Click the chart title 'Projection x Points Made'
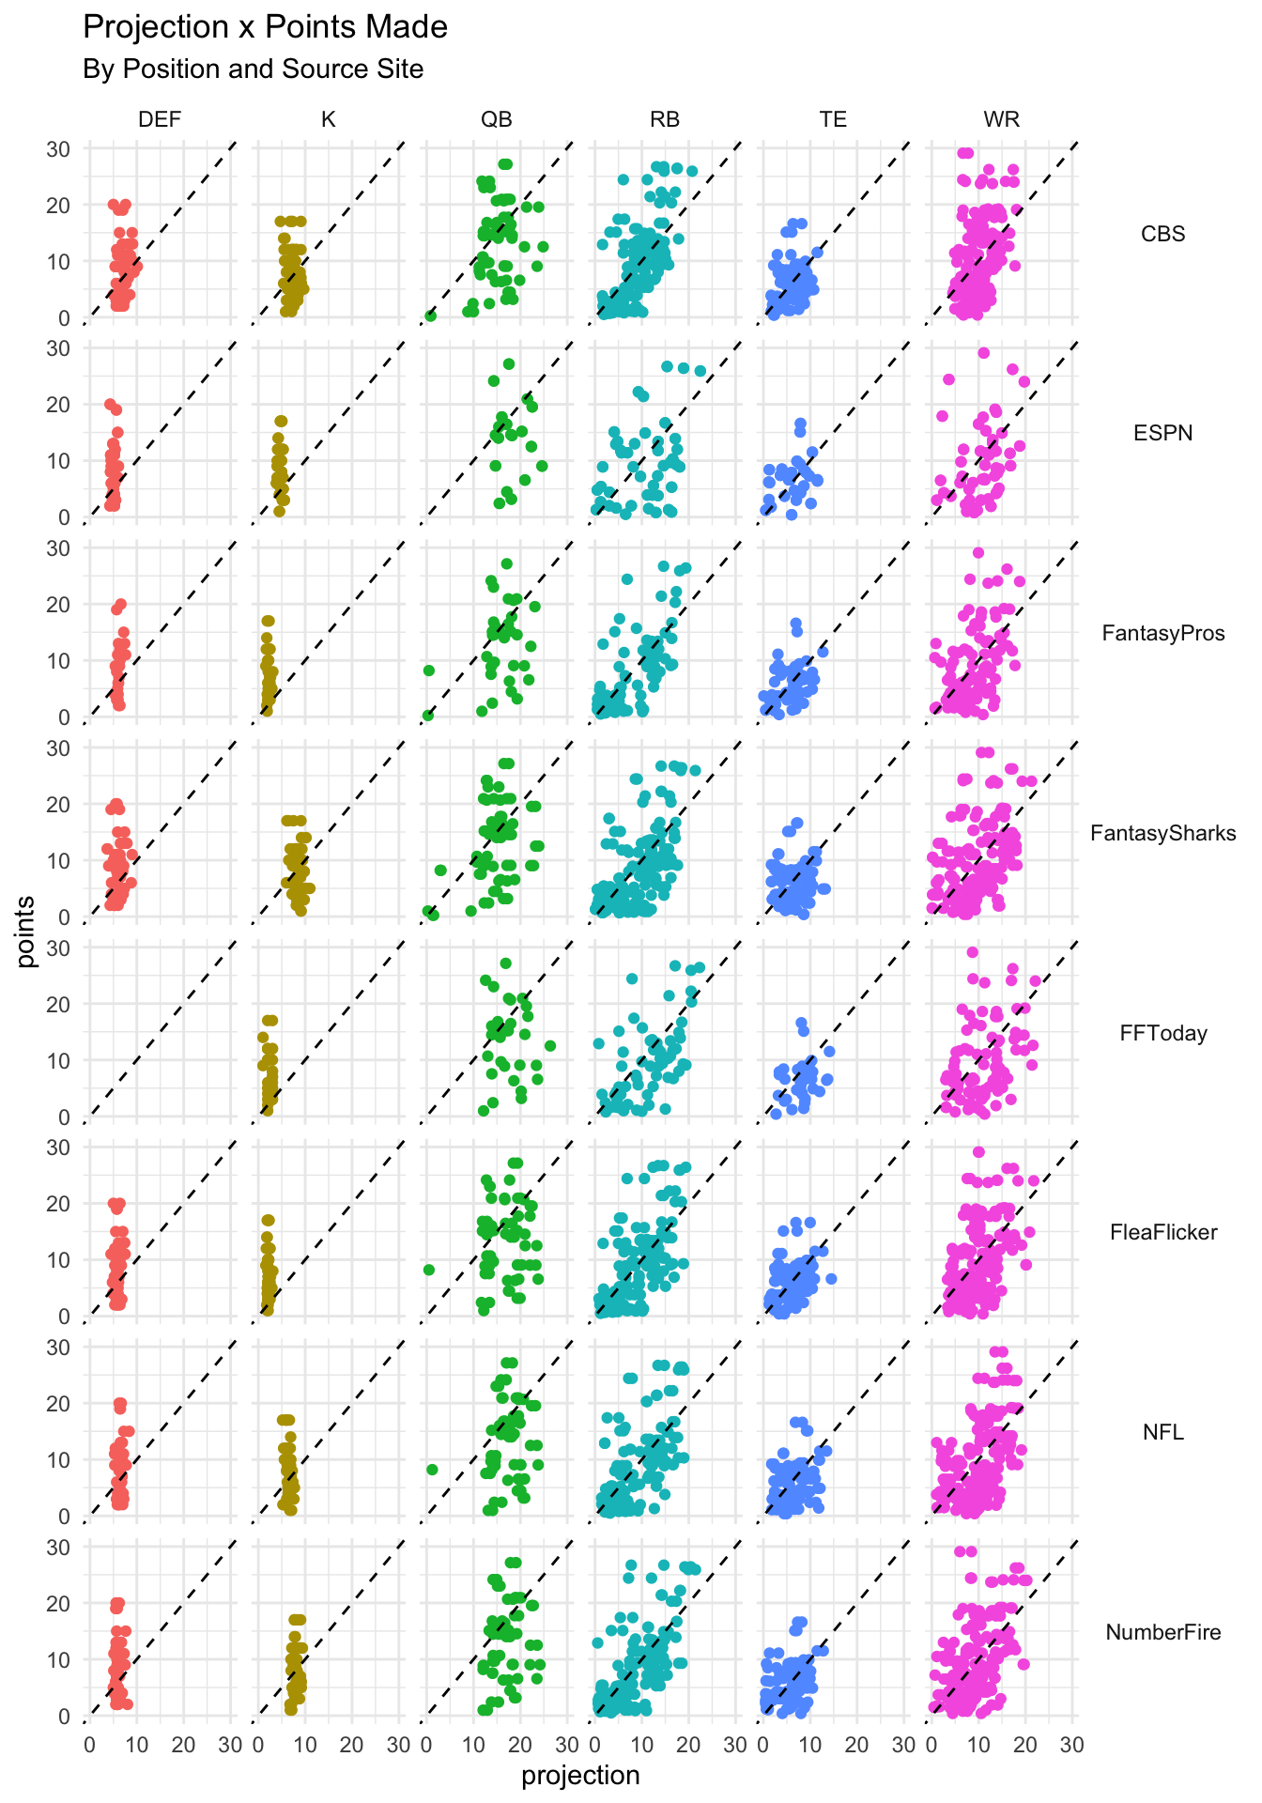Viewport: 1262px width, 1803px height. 265,27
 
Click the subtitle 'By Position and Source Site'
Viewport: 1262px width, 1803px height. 253,69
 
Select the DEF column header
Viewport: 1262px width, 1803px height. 160,119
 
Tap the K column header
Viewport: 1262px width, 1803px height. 328,119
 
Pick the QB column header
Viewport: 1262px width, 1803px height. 497,119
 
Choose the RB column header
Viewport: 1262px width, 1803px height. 665,119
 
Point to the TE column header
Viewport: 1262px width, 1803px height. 833,119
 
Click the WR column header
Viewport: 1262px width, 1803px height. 1001,119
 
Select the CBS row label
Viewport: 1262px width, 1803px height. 1162,234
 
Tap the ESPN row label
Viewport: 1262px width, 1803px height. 1162,433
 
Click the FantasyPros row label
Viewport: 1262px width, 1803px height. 1162,633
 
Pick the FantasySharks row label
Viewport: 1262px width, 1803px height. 1162,833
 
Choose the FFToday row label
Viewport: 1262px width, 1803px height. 1162,1033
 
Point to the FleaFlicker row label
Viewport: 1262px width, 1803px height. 1162,1232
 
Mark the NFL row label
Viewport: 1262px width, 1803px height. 1162,1432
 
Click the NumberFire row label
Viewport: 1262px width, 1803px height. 1162,1632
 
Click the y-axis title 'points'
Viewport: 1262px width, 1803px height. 26,931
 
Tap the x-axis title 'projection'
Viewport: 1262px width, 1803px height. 580,1776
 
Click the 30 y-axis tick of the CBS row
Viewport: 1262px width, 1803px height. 58,148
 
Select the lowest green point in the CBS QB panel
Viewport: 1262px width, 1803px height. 430,316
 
